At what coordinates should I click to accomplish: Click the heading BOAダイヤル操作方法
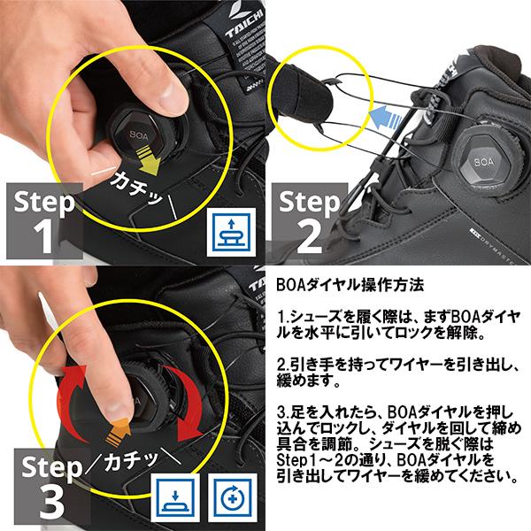[x=349, y=286]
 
